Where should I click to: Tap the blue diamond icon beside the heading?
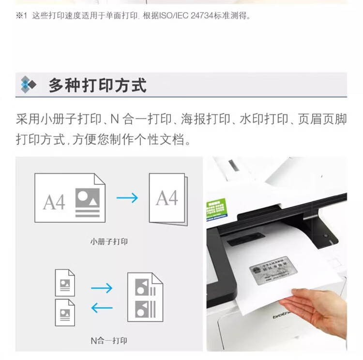point(28,85)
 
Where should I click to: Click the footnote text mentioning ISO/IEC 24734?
point(140,16)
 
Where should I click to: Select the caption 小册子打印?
point(109,241)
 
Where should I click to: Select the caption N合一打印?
point(109,340)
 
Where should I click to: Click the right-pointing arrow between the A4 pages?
point(127,197)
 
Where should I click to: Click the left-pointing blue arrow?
point(102,308)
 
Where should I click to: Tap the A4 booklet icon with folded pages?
point(167,199)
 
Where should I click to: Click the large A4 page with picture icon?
point(70,198)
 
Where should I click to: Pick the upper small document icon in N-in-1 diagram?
point(65,283)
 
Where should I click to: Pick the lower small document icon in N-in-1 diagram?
point(65,313)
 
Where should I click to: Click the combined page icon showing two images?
point(145,297)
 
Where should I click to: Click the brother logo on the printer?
point(282,314)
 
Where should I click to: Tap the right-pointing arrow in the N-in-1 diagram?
point(102,288)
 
